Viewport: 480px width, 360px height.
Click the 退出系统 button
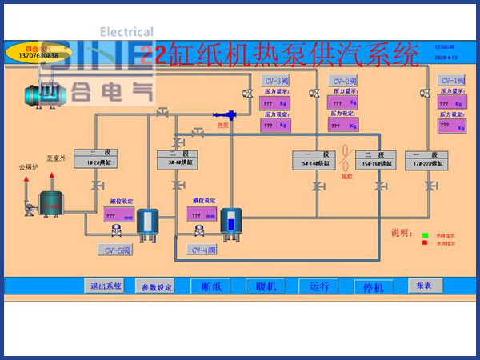pos(106,286)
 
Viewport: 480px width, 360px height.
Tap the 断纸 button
pos(216,286)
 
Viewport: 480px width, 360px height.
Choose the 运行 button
pos(318,286)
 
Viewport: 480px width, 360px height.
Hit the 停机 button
pos(374,286)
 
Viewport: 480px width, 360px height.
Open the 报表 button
pos(424,286)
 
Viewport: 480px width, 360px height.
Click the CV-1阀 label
pos(452,81)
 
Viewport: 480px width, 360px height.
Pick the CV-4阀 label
pos(203,250)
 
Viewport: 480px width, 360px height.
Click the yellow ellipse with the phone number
pos(33,54)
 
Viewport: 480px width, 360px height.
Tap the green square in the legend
pos(426,234)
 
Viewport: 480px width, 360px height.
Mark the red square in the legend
pos(426,243)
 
